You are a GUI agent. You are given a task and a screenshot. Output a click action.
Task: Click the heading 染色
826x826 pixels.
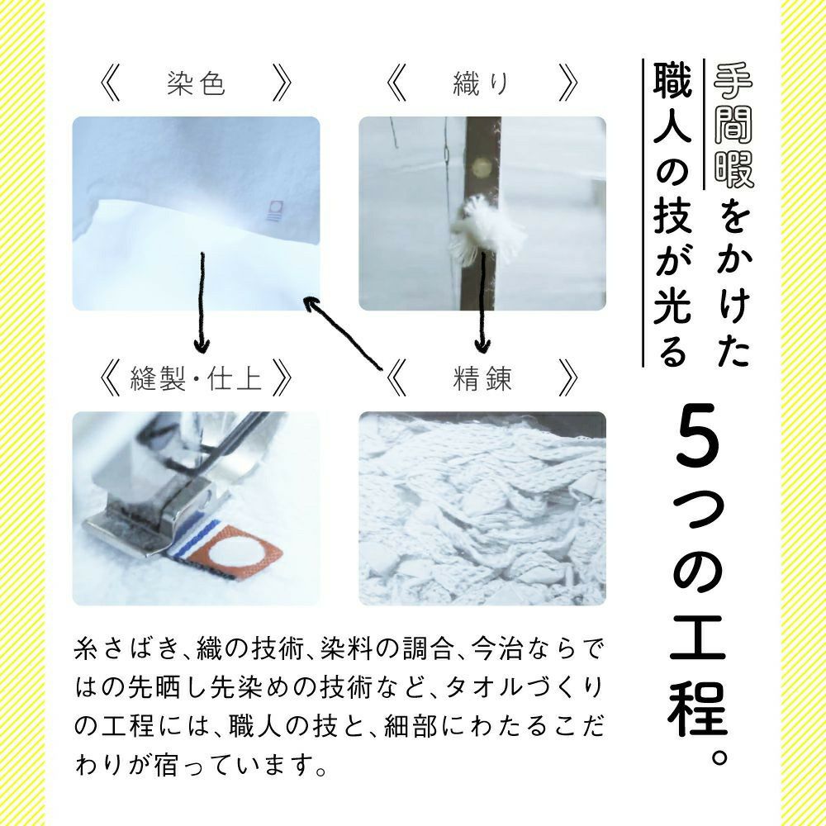pyautogui.click(x=196, y=83)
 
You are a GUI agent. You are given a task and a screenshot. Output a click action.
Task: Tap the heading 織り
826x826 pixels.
pyautogui.click(x=482, y=83)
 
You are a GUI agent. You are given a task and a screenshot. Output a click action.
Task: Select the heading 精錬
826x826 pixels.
pyautogui.click(x=482, y=378)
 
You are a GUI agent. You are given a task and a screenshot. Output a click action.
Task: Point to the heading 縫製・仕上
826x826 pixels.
pyautogui.click(x=196, y=378)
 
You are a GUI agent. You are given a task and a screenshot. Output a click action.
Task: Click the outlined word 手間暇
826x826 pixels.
pyautogui.click(x=733, y=126)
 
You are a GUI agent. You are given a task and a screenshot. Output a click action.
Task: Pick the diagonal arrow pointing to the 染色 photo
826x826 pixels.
pyautogui.click(x=344, y=333)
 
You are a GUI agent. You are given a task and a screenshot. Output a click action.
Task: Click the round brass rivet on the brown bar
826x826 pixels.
pyautogui.click(x=481, y=168)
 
